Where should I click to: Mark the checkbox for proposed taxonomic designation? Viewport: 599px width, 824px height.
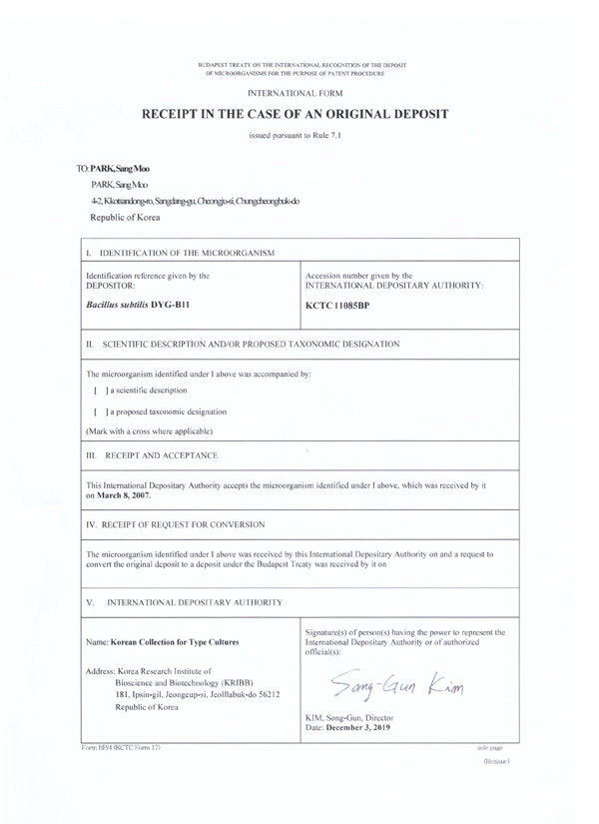96,412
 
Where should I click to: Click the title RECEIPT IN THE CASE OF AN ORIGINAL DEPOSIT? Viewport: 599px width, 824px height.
299,115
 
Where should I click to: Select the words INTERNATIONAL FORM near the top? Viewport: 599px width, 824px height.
299,93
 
